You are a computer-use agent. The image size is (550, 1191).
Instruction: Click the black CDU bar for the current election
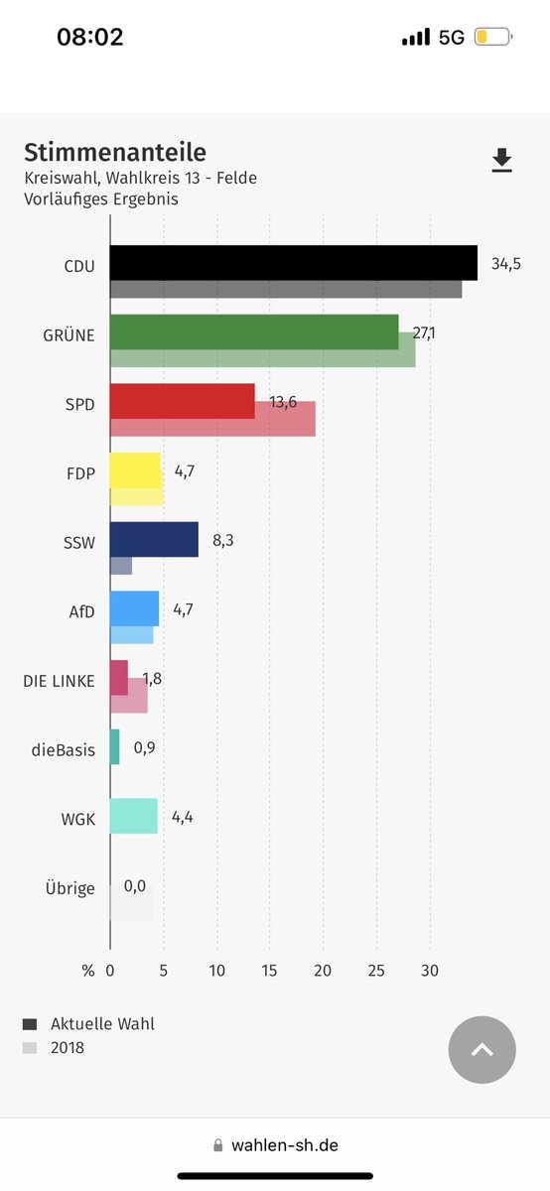(293, 263)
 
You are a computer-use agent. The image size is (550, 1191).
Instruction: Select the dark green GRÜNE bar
(253, 331)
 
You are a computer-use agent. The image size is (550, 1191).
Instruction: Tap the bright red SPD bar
(182, 401)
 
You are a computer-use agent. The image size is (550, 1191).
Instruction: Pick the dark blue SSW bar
(154, 539)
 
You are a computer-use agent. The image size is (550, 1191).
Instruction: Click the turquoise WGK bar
(133, 816)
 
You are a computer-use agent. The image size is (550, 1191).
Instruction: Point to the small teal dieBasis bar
(114, 746)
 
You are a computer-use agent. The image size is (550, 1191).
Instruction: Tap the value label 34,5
(505, 264)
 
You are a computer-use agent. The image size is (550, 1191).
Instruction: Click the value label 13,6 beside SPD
(283, 402)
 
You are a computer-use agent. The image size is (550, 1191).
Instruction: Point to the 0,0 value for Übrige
(135, 885)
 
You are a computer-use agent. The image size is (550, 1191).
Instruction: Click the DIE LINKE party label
(60, 681)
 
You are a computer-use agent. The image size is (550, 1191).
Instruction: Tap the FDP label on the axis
(79, 473)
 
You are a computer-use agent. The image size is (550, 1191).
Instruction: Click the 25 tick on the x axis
(376, 971)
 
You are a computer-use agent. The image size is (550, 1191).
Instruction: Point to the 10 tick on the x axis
(216, 971)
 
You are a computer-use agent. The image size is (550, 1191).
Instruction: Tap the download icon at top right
(502, 161)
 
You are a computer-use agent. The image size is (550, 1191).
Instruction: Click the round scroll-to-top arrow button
(482, 1049)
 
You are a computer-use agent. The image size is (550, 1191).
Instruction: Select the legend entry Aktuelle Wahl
(102, 1023)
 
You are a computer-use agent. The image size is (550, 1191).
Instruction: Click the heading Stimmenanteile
(115, 152)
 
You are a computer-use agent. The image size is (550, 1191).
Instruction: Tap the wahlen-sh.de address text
(284, 1144)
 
